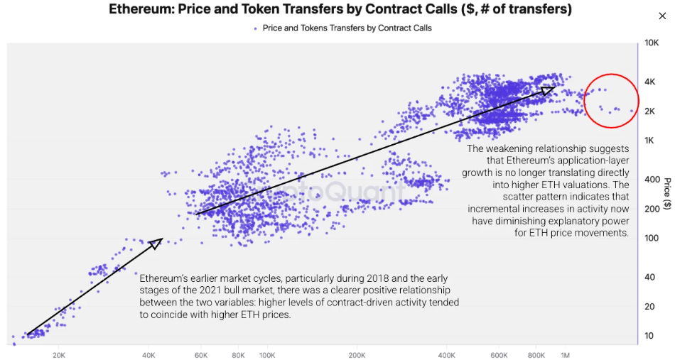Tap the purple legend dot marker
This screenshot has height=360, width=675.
click(x=256, y=28)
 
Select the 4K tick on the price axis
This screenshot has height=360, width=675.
click(x=649, y=82)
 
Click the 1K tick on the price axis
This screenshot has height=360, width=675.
click(x=649, y=141)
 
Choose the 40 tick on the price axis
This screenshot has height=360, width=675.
click(x=649, y=277)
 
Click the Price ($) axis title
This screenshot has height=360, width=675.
click(x=667, y=194)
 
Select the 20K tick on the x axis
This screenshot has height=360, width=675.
click(x=59, y=354)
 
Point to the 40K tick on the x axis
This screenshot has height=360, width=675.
click(x=148, y=354)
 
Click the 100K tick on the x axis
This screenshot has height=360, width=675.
click(x=267, y=354)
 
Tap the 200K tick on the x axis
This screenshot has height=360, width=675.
click(x=357, y=354)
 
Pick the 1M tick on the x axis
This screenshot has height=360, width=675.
click(x=566, y=354)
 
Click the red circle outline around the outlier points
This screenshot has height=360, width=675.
click(x=585, y=100)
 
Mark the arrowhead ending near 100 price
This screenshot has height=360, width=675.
click(x=156, y=243)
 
